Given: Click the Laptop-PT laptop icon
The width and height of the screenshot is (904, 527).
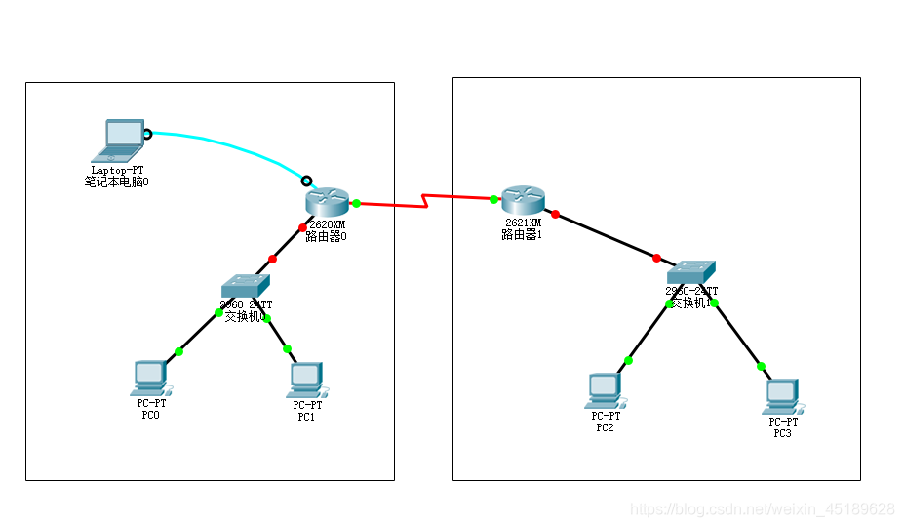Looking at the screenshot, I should click(x=118, y=141).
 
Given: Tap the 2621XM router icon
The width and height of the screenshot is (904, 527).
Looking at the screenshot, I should click(x=522, y=200).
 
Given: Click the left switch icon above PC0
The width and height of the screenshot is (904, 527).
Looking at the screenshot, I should click(x=245, y=285).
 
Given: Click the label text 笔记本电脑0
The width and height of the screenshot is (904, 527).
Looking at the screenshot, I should click(x=117, y=182).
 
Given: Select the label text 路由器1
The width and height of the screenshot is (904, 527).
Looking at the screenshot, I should click(x=521, y=235).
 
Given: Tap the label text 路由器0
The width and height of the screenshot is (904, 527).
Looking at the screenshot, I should click(x=326, y=236).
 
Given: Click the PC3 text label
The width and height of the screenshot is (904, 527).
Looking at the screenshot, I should click(x=782, y=433).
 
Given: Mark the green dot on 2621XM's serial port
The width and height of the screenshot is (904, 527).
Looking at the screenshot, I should click(x=493, y=200).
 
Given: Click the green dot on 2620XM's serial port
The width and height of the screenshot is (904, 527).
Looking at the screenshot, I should click(x=357, y=203).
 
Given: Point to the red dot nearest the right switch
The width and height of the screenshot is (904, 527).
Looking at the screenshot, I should click(x=656, y=258).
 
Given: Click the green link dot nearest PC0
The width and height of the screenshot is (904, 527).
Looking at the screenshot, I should click(x=178, y=351).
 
